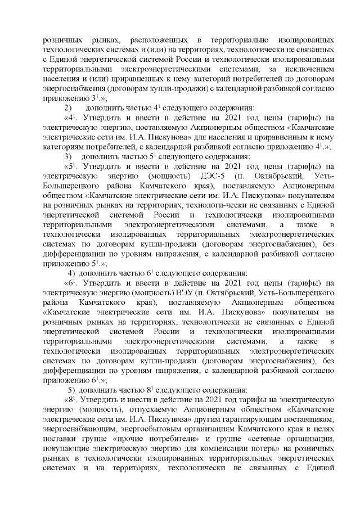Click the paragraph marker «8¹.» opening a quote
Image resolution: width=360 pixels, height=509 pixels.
coord(73,399)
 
